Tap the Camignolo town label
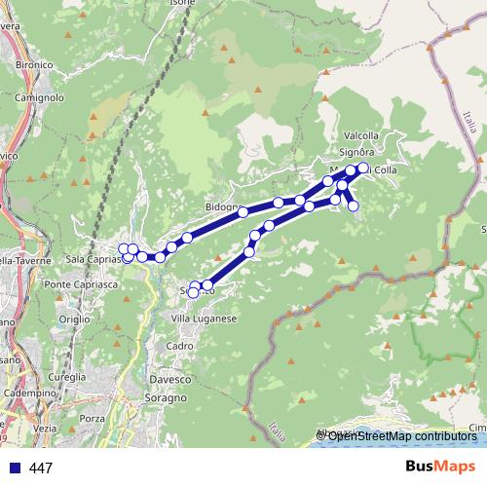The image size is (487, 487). click(39, 97)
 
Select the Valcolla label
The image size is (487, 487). click(361, 136)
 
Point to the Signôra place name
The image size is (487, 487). click(357, 152)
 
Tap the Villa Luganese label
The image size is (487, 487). click(204, 318)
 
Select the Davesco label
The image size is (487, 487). click(169, 379)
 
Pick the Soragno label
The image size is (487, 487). click(168, 397)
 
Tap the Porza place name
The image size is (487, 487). click(93, 418)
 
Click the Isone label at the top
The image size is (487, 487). click(182, 4)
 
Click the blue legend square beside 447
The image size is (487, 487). click(15, 468)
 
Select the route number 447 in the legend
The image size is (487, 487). click(41, 468)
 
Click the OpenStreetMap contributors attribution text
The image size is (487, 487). click(401, 436)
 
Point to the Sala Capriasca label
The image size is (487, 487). click(95, 260)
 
